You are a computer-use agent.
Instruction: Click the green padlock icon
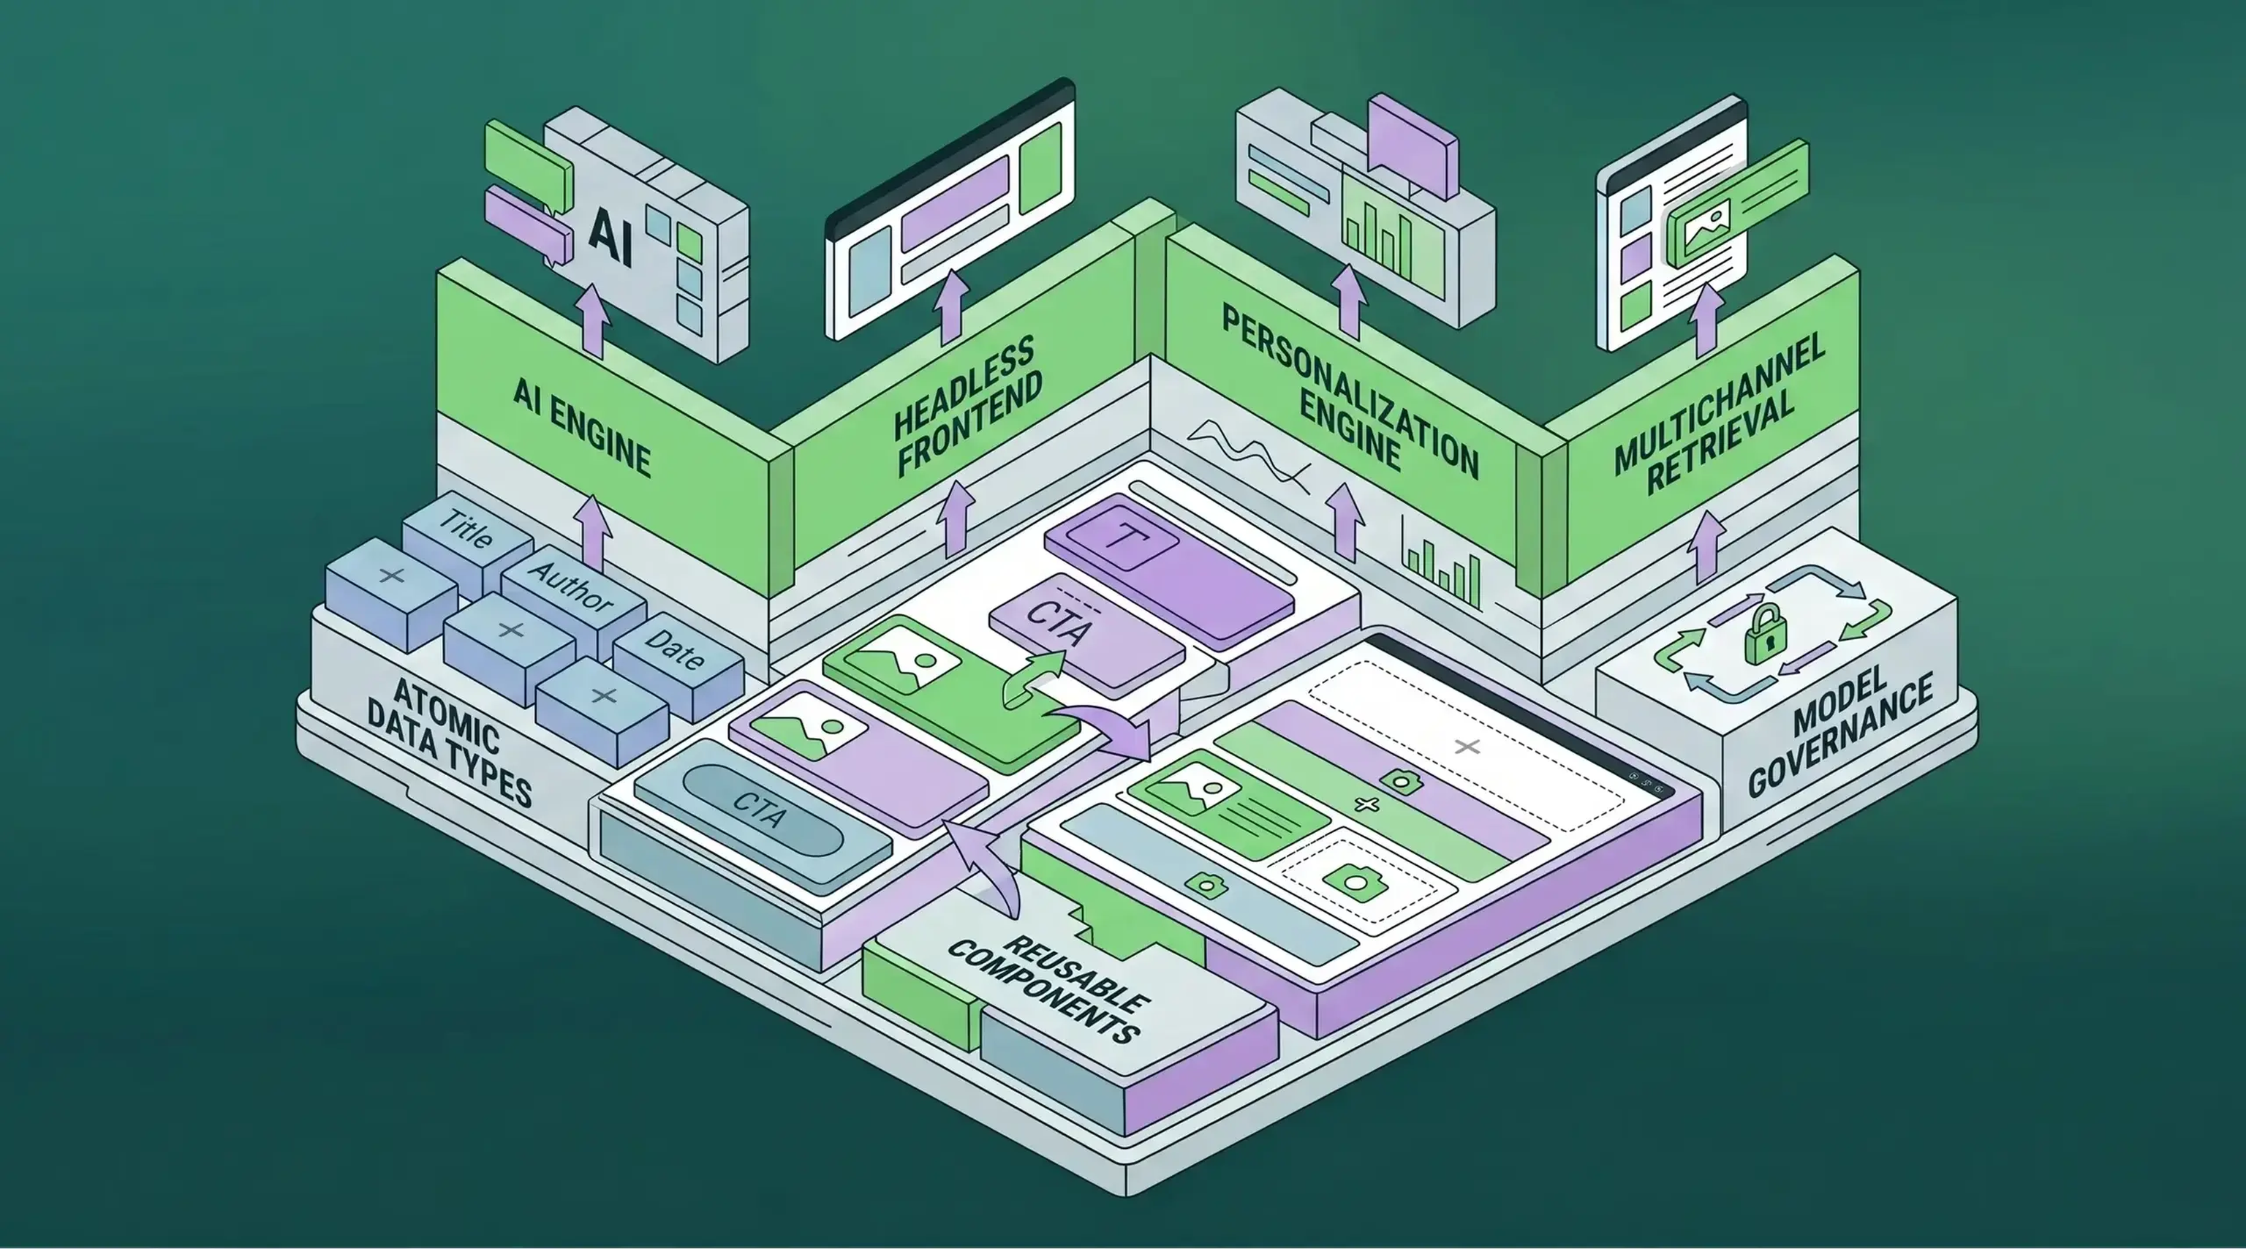[x=1766, y=634]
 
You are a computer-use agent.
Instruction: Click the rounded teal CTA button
[x=762, y=811]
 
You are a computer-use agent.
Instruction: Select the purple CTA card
[x=1086, y=633]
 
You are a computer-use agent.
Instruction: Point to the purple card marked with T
[x=1168, y=570]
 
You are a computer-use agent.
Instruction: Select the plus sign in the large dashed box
[x=1468, y=747]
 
